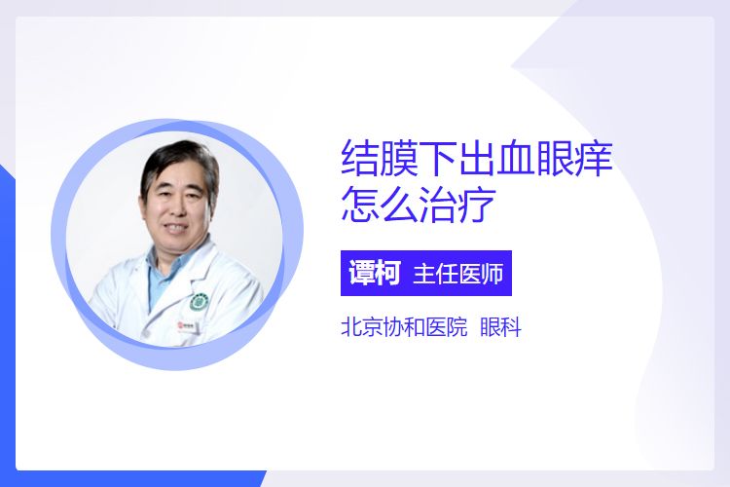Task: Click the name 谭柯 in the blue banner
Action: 375,273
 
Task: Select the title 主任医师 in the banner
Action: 458,274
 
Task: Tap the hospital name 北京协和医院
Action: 404,326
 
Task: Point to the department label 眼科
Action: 500,326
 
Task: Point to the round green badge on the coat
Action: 200,302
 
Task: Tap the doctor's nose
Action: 177,208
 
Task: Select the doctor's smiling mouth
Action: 176,228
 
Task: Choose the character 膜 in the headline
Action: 399,158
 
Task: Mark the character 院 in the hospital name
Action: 456,326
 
